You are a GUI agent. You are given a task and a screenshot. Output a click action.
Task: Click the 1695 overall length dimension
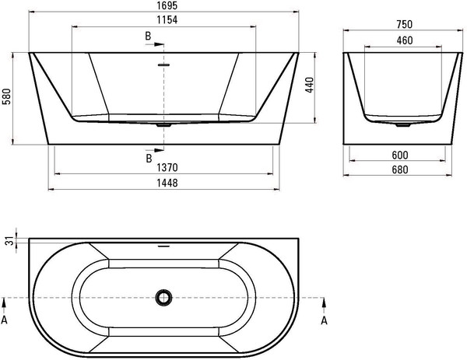tap(163, 7)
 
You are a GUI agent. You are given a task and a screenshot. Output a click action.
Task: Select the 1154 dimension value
tap(163, 20)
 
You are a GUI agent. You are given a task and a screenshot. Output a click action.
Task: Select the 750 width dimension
tap(400, 24)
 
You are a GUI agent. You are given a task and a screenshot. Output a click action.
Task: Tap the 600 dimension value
tap(400, 154)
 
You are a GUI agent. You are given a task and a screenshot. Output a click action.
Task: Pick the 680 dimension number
tap(400, 169)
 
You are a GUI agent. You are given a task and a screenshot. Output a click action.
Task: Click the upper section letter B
tap(148, 37)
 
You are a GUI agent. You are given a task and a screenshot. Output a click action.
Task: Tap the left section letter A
tap(5, 318)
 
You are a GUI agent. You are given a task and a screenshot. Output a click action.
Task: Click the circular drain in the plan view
tap(163, 298)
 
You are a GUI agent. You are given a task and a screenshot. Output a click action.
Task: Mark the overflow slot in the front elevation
tap(163, 65)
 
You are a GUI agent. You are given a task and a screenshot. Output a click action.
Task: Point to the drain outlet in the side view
tap(400, 124)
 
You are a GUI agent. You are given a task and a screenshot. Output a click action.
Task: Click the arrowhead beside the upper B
tap(161, 44)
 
